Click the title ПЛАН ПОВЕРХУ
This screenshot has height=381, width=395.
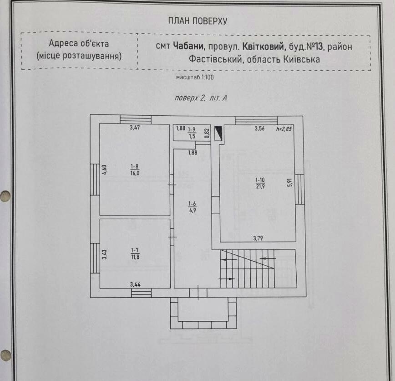tap(197, 21)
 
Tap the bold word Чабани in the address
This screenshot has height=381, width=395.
tap(189, 46)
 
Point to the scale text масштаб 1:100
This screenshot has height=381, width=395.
tap(195, 77)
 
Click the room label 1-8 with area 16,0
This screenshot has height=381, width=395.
tap(135, 170)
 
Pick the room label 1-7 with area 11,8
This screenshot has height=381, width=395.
tap(135, 253)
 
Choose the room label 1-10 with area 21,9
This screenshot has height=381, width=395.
tap(260, 183)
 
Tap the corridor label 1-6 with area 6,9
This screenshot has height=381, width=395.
tap(192, 207)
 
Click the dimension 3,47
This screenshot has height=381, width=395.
tap(135, 128)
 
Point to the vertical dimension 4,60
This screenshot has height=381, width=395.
tap(104, 169)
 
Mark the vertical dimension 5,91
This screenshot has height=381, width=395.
tap(290, 182)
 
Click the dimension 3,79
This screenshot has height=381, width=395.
tap(258, 238)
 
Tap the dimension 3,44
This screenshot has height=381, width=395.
tap(135, 284)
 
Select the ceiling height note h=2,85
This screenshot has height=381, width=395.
tap(284, 129)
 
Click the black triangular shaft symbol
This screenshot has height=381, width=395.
tap(218, 134)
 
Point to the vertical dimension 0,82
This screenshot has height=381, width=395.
tap(207, 133)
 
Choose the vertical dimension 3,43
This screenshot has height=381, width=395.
tap(104, 254)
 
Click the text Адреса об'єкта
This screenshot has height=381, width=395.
tap(79, 43)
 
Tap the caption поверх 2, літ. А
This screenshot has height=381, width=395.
tap(201, 98)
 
